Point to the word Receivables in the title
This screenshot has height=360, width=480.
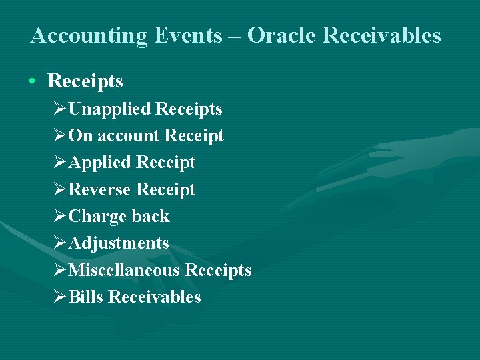coord(381,35)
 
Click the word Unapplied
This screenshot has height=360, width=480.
coord(111,109)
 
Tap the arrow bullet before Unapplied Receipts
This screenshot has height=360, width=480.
coord(60,109)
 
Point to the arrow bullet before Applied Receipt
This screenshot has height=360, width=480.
coord(60,163)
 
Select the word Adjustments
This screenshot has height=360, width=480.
coord(119,243)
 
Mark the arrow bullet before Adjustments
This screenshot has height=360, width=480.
coord(60,243)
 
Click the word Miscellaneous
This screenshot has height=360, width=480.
coord(124,271)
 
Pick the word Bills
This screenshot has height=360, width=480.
coord(85,297)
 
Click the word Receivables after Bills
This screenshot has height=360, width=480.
coord(154,297)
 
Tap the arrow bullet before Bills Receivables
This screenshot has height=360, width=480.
coord(60,297)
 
